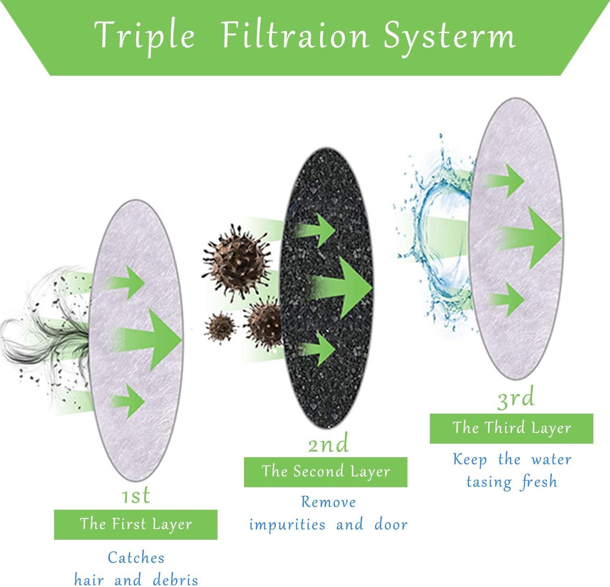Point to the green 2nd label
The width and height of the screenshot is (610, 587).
click(x=328, y=443)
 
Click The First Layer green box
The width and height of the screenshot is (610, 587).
click(x=136, y=524)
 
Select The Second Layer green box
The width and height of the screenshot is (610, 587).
click(x=326, y=472)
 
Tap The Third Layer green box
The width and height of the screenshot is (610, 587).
click(x=512, y=428)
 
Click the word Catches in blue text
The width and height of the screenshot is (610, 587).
click(x=136, y=558)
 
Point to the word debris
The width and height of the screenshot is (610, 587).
click(x=176, y=579)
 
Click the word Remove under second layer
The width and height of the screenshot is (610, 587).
click(x=328, y=502)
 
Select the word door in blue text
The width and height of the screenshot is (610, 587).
click(x=391, y=524)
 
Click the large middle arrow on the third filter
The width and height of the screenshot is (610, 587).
click(x=530, y=238)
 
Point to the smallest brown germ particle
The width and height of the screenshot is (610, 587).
click(x=221, y=328)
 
